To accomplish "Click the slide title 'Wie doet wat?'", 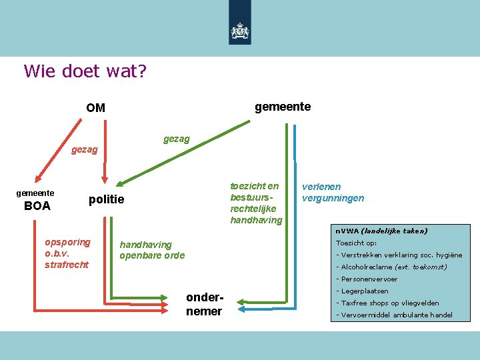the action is click(x=85, y=71).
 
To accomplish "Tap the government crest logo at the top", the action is click(x=240, y=31).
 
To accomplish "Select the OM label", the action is click(x=95, y=107).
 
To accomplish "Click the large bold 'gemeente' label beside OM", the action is click(x=283, y=107).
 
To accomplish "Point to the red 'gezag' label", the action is click(x=84, y=150).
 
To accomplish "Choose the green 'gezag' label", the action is click(x=177, y=139).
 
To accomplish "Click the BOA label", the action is click(x=37, y=206).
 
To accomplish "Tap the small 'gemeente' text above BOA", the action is click(x=35, y=193).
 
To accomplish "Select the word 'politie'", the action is click(x=107, y=200).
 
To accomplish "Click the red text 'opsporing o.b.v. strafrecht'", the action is click(x=67, y=253).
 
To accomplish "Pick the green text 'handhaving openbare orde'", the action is click(x=152, y=250).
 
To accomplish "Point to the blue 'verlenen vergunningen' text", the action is click(x=333, y=193).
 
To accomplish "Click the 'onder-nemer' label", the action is click(x=204, y=305).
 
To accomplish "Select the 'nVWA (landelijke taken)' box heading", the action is click(x=381, y=231).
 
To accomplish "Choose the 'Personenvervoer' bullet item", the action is click(x=367, y=279).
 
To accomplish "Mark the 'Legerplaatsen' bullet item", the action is click(x=363, y=291).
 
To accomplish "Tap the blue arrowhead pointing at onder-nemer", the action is click(x=243, y=310).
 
